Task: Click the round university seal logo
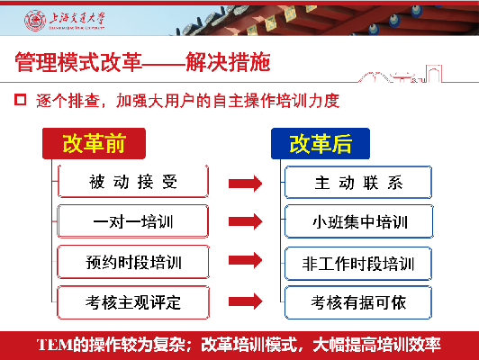tap(35, 21)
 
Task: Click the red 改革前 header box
tap(94, 143)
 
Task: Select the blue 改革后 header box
tap(321, 143)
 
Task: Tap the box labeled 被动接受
tap(133, 182)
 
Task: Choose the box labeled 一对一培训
tap(133, 221)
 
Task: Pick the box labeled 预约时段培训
tap(133, 262)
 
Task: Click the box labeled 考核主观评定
tap(133, 302)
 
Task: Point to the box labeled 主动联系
tap(358, 183)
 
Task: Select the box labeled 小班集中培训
tap(359, 221)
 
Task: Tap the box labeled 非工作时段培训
tap(358, 264)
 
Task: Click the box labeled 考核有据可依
tap(358, 302)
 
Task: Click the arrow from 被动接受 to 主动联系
tap(245, 184)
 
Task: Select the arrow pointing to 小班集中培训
tap(245, 221)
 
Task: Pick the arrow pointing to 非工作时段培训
tap(245, 260)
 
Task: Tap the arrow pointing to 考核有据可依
tap(245, 301)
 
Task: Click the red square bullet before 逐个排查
tap(20, 100)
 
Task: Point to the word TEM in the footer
tap(55, 345)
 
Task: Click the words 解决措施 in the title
tap(228, 62)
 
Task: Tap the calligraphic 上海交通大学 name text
tap(77, 18)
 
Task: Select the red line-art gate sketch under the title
tap(401, 74)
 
